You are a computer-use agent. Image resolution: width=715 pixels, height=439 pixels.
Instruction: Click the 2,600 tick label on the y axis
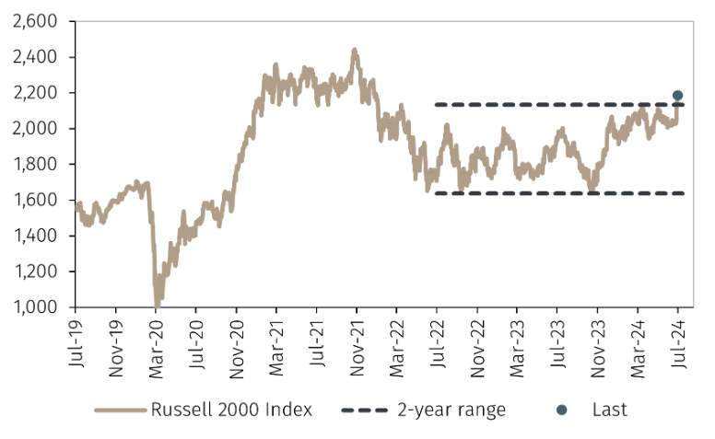click(x=36, y=21)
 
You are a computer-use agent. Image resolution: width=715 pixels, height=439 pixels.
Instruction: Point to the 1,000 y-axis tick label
click(x=36, y=307)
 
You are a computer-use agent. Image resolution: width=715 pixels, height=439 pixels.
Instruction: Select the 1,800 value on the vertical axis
click(x=36, y=165)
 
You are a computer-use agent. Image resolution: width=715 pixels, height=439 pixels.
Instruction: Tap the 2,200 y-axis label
click(x=36, y=93)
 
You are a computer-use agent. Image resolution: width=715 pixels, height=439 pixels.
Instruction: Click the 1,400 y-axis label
click(x=36, y=237)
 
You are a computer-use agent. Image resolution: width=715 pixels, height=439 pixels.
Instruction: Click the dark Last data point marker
click(x=677, y=95)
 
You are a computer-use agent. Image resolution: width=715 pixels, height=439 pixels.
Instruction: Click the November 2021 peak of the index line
click(x=355, y=51)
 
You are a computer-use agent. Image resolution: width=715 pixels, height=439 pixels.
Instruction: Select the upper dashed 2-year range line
click(x=553, y=104)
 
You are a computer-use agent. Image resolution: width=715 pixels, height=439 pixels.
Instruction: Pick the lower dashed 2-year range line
click(x=553, y=193)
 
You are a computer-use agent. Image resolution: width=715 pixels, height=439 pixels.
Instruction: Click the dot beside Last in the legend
click(x=561, y=410)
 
